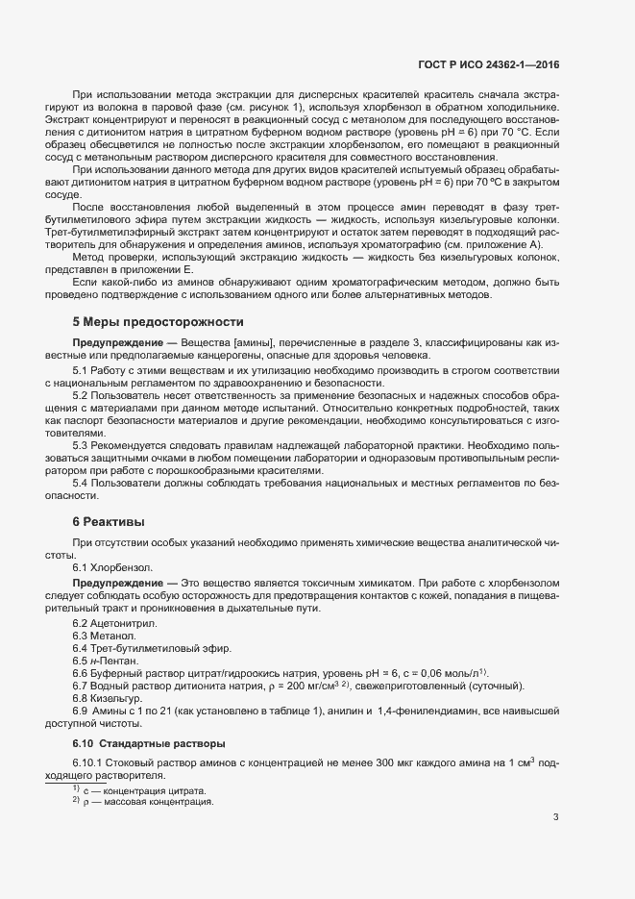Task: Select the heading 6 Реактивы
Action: click(x=109, y=521)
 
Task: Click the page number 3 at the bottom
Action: click(x=555, y=817)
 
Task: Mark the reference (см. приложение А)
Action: click(x=490, y=245)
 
